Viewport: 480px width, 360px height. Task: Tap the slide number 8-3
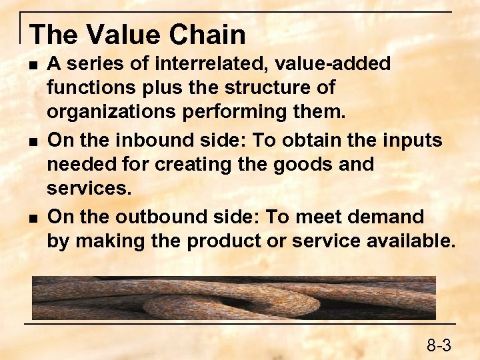coord(439,345)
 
